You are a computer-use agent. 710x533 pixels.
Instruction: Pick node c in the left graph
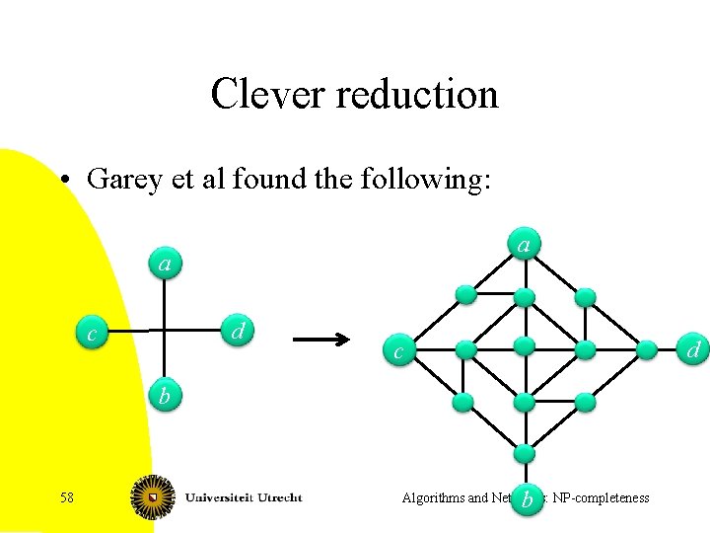pos(93,335)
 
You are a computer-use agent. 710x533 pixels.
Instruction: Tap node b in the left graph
pos(166,396)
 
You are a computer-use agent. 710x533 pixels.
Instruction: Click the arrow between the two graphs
pos(321,341)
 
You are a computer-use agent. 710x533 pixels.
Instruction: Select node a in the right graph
pos(525,244)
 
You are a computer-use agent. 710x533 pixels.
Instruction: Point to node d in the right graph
pos(693,349)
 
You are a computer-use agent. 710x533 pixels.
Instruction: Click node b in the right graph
pos(528,500)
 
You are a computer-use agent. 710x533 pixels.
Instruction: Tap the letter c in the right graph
pos(397,351)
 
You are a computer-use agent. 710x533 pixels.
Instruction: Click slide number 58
pos(67,497)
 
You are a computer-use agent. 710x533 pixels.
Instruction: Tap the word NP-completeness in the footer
pos(601,497)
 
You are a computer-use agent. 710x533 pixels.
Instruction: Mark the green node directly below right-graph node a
pos(525,296)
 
